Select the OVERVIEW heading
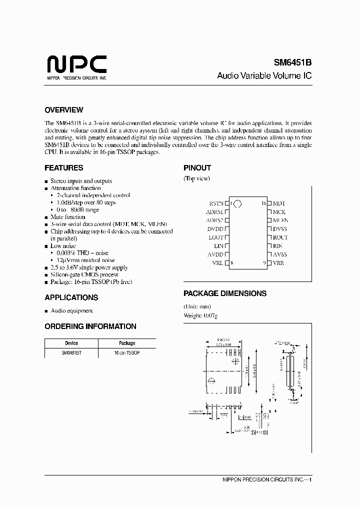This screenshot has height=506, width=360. [x=64, y=110]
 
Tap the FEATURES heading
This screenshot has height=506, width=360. [x=64, y=168]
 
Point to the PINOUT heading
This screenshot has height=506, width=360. [x=197, y=168]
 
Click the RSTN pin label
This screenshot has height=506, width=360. [x=216, y=203]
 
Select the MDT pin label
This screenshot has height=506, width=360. [x=279, y=203]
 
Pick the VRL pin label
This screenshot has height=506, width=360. [x=217, y=263]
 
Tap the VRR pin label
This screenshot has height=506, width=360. [x=278, y=263]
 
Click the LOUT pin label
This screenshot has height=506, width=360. [x=215, y=237]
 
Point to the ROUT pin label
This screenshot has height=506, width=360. [x=280, y=237]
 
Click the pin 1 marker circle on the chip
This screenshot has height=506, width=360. [x=237, y=204]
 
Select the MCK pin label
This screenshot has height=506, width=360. [x=279, y=212]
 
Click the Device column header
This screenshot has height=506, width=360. [x=71, y=343]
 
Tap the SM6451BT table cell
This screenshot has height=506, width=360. [x=71, y=353]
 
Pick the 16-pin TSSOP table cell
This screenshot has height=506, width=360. [x=127, y=353]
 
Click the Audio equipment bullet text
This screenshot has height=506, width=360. [x=72, y=310]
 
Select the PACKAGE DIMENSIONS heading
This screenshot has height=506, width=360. [x=225, y=293]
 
